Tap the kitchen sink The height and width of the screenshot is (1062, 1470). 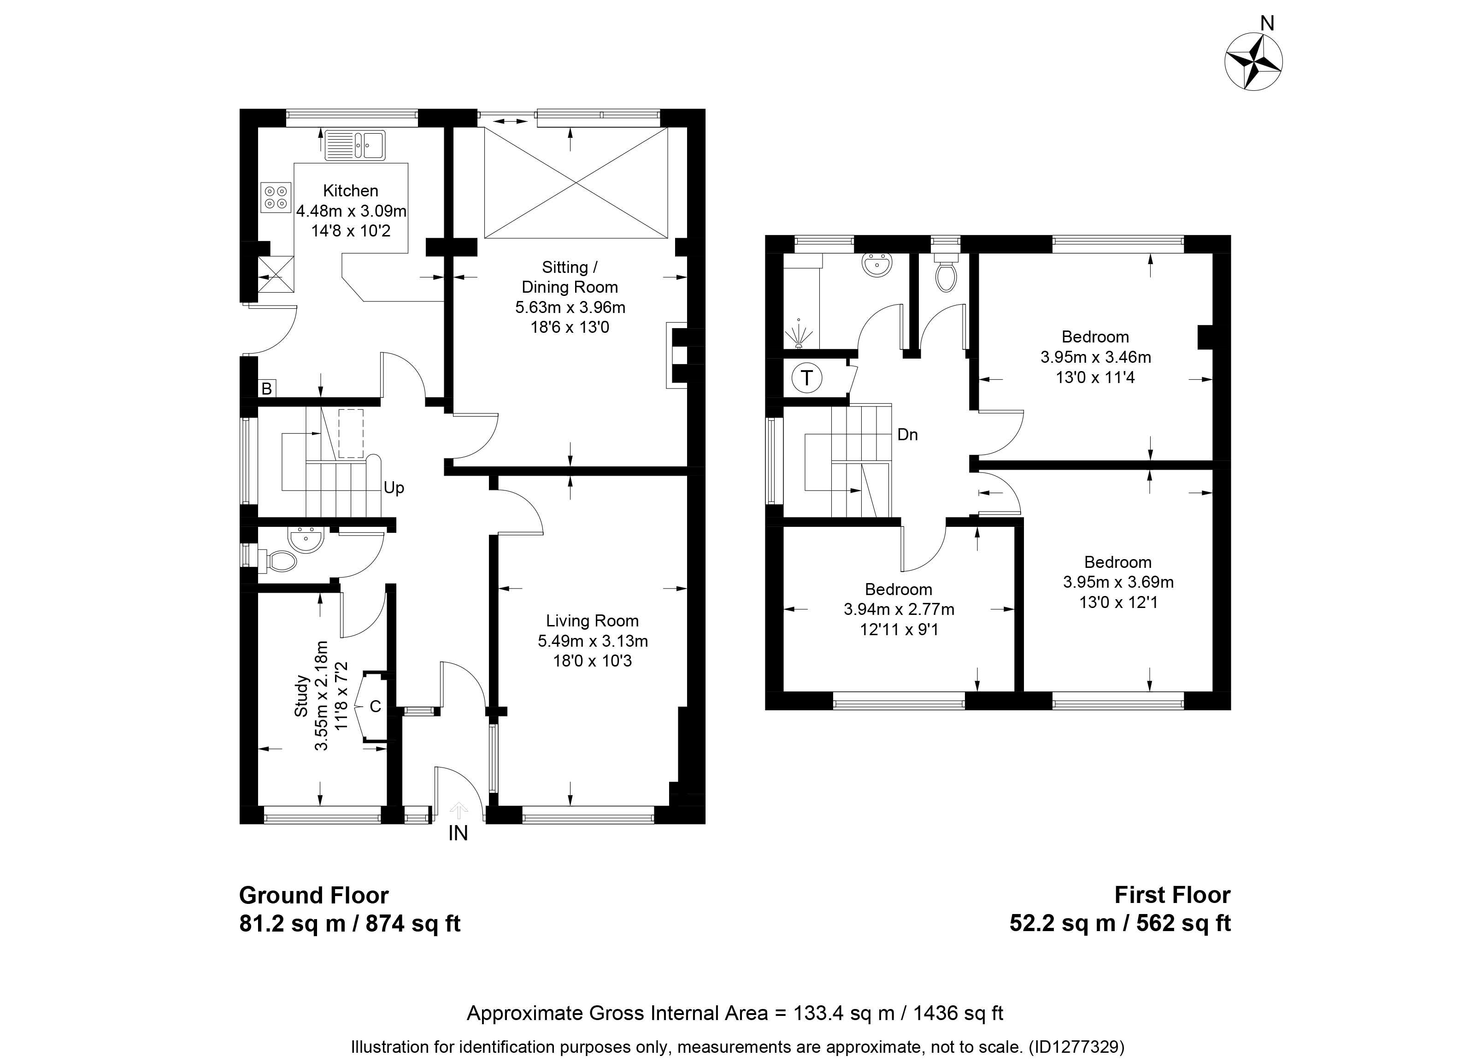tap(355, 145)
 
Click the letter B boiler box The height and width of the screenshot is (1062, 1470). tap(266, 389)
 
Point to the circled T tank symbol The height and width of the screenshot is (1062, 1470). tap(807, 378)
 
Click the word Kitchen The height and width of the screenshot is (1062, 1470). tap(351, 191)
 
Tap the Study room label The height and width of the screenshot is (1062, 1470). tap(301, 696)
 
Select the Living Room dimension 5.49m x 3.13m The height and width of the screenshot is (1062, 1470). tap(593, 641)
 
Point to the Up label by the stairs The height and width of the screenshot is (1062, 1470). tap(394, 488)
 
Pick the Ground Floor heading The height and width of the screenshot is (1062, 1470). tap(314, 896)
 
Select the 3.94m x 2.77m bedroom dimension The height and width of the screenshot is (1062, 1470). tap(899, 609)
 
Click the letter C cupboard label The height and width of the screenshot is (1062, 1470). tap(375, 707)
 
